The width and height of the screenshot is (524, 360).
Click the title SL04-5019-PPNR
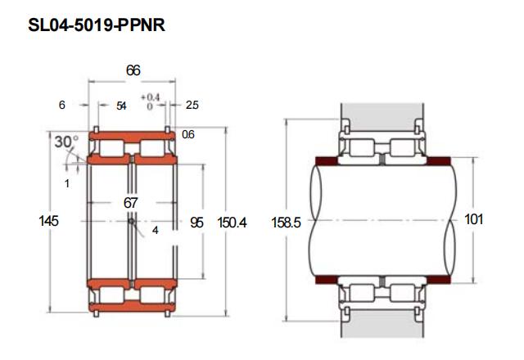[x=97, y=25]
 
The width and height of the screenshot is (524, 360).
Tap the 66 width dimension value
[x=133, y=70]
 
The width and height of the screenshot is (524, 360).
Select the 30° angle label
[x=66, y=142]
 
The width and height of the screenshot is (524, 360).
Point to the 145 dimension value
[x=49, y=221]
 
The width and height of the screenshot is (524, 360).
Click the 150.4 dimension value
[x=232, y=223]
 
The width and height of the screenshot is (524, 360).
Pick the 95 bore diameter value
[x=196, y=223]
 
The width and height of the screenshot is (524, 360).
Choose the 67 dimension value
[x=130, y=203]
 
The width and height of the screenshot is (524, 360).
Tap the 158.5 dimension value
[x=286, y=223]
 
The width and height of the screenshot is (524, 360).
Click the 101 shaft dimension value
[x=474, y=219]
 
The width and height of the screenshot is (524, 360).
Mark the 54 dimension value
[x=121, y=106]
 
